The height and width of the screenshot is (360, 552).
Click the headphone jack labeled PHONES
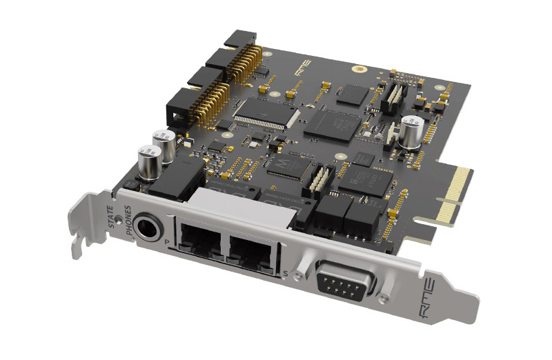[x=146, y=227]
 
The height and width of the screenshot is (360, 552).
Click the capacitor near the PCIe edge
[x=411, y=131]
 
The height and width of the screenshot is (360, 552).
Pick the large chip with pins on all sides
[x=265, y=112]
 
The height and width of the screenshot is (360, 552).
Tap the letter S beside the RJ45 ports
[x=285, y=274]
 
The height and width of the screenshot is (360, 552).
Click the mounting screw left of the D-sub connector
[x=298, y=274]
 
